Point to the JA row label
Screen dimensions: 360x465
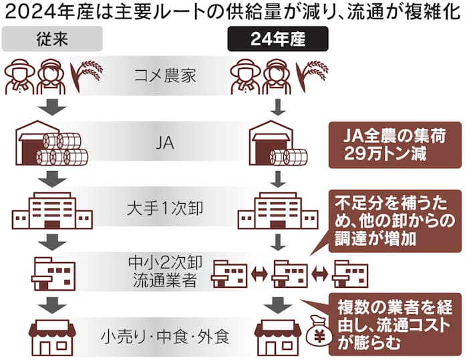pos(163,142)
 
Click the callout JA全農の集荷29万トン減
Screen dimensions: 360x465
pos(390,144)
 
